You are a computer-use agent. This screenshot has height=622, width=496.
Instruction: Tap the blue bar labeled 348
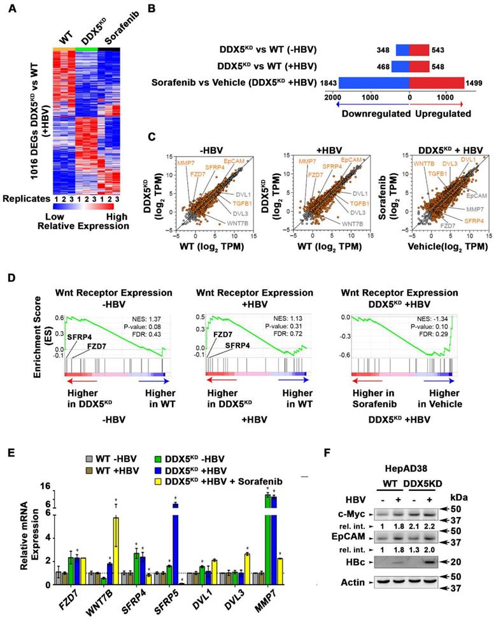[x=402, y=49]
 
